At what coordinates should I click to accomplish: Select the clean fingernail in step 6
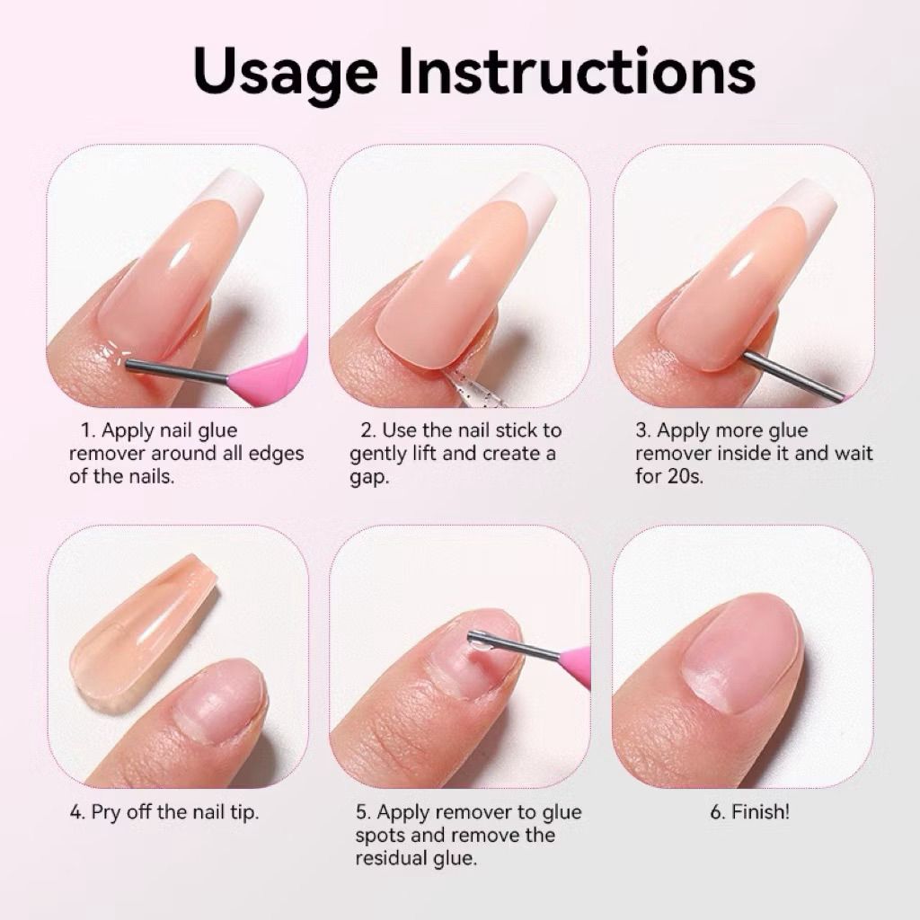coord(743,652)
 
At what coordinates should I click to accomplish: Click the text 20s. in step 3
coord(686,476)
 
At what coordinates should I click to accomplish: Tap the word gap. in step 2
coord(369,478)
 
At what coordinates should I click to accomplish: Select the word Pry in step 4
coord(106,813)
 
